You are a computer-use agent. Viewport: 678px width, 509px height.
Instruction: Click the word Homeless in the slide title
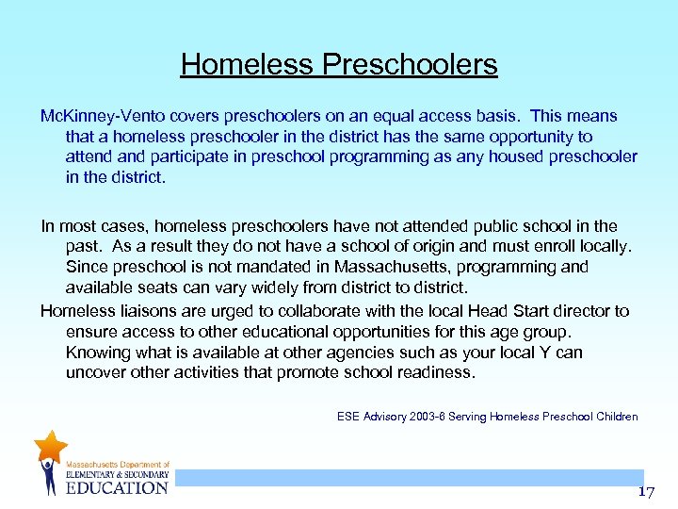pos(247,64)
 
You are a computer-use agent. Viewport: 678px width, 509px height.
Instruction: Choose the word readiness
pos(437,372)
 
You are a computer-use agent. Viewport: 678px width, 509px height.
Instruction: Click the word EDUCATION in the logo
pos(117,487)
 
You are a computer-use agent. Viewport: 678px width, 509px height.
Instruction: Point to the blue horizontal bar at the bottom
pos(405,478)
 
